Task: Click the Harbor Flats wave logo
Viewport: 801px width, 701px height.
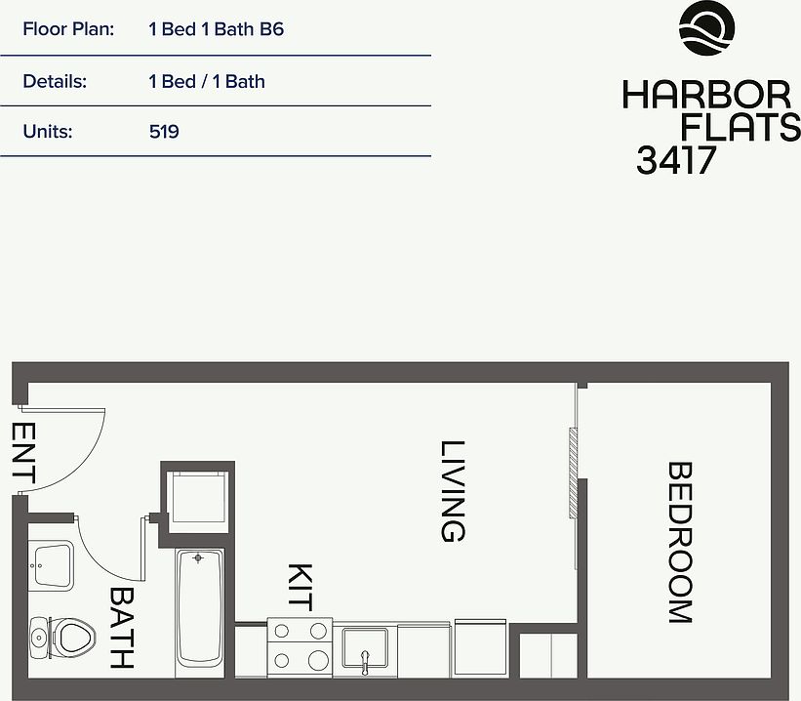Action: coord(707,28)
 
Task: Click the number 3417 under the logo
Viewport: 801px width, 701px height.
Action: coord(676,160)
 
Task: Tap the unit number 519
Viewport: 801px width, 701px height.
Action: coord(164,132)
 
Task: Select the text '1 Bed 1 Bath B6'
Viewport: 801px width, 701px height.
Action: coord(216,29)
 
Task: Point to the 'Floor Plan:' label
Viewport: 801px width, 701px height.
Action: coord(68,29)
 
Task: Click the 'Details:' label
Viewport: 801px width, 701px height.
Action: coord(55,81)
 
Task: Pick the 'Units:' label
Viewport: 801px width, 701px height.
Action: coord(48,132)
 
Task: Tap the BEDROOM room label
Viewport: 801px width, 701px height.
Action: coord(680,543)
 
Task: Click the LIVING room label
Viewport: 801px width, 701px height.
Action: coord(453,491)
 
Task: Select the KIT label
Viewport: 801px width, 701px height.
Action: coord(300,588)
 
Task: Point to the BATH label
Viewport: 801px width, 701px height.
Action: coord(122,628)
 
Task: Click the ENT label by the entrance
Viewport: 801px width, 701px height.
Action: coord(23,452)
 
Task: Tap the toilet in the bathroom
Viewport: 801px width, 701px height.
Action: coord(62,639)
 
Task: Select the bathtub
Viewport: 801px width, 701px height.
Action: coord(200,613)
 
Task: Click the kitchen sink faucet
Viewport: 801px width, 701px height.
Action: coord(364,662)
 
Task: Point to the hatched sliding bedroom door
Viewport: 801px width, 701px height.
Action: coord(573,473)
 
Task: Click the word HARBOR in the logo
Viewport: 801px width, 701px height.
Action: coord(706,95)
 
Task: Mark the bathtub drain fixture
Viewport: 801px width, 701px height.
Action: coord(198,557)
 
